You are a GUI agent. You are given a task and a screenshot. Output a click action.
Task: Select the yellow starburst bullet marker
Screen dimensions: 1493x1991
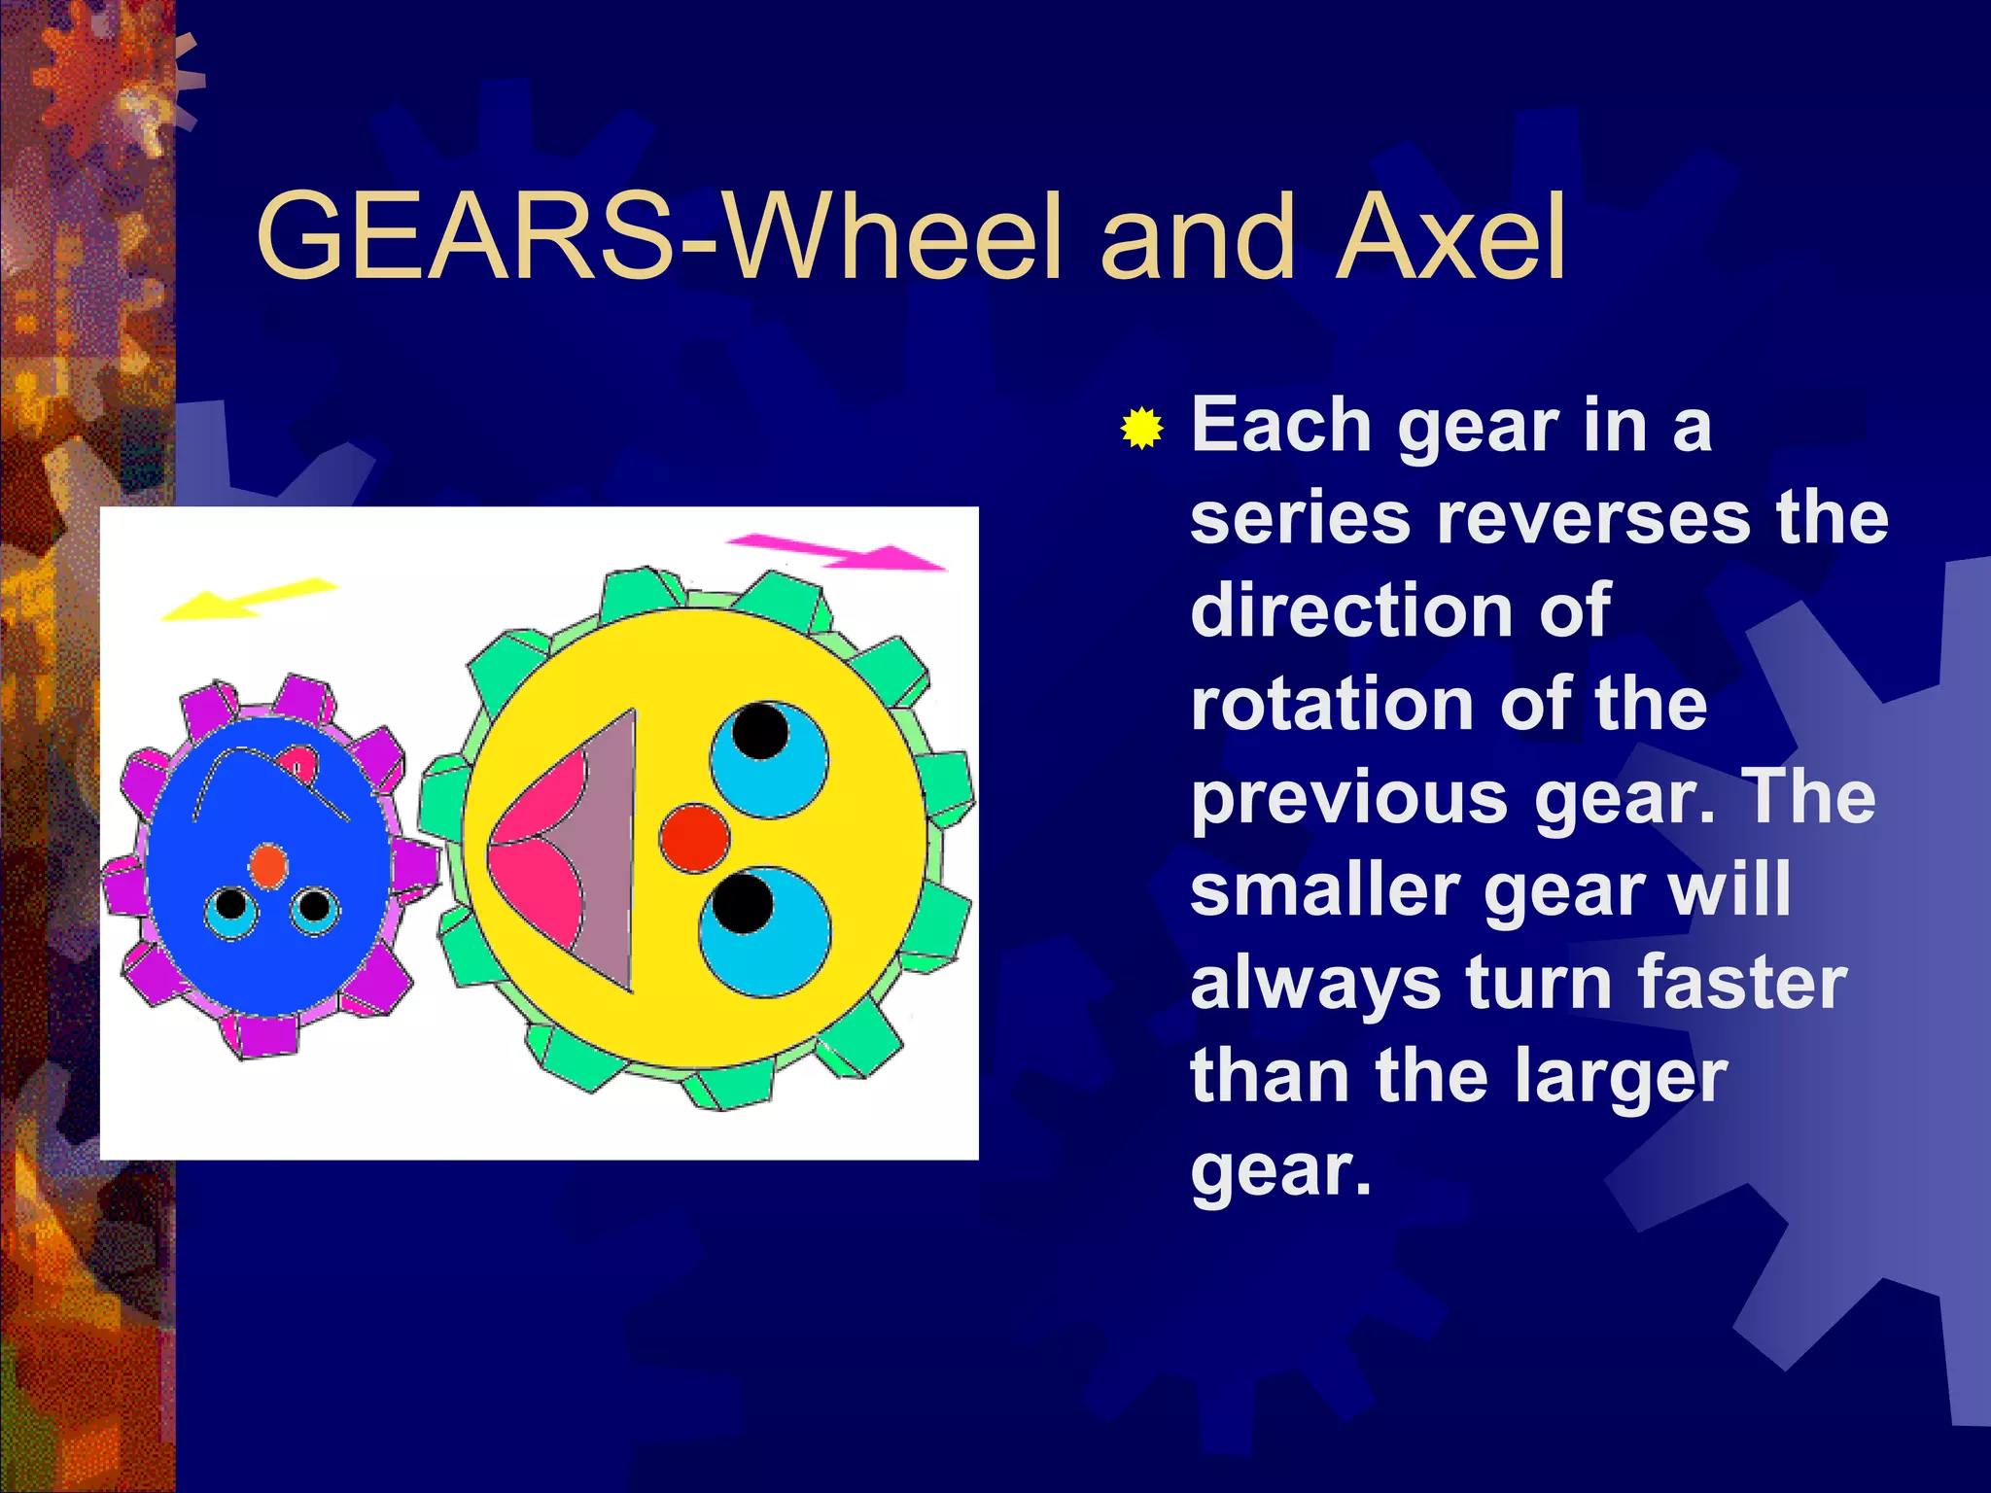click(x=1141, y=429)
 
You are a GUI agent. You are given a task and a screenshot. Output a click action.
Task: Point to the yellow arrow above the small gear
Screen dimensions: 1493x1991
click(x=249, y=599)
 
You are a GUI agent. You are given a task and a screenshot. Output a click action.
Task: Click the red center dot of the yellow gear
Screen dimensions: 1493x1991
click(x=694, y=838)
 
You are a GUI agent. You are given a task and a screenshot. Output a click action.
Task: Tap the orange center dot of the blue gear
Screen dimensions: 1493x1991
click(x=267, y=865)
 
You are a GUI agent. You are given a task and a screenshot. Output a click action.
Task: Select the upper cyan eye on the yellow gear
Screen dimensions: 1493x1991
click(x=769, y=759)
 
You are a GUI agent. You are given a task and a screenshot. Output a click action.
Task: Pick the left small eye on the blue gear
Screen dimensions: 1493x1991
click(x=231, y=911)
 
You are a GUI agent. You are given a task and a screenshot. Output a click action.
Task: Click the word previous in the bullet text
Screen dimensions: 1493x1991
click(x=1349, y=799)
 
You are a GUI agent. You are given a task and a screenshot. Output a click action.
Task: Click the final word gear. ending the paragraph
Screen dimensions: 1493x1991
click(x=1279, y=1170)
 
